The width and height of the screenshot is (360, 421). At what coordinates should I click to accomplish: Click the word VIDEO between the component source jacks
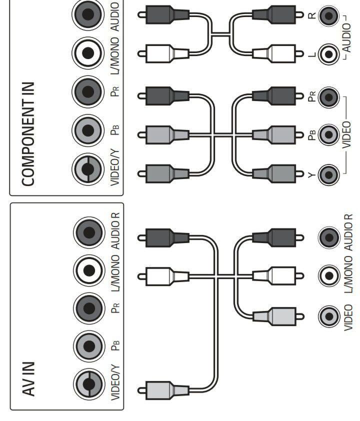345,134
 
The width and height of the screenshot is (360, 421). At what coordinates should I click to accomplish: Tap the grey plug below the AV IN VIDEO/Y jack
165,388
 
